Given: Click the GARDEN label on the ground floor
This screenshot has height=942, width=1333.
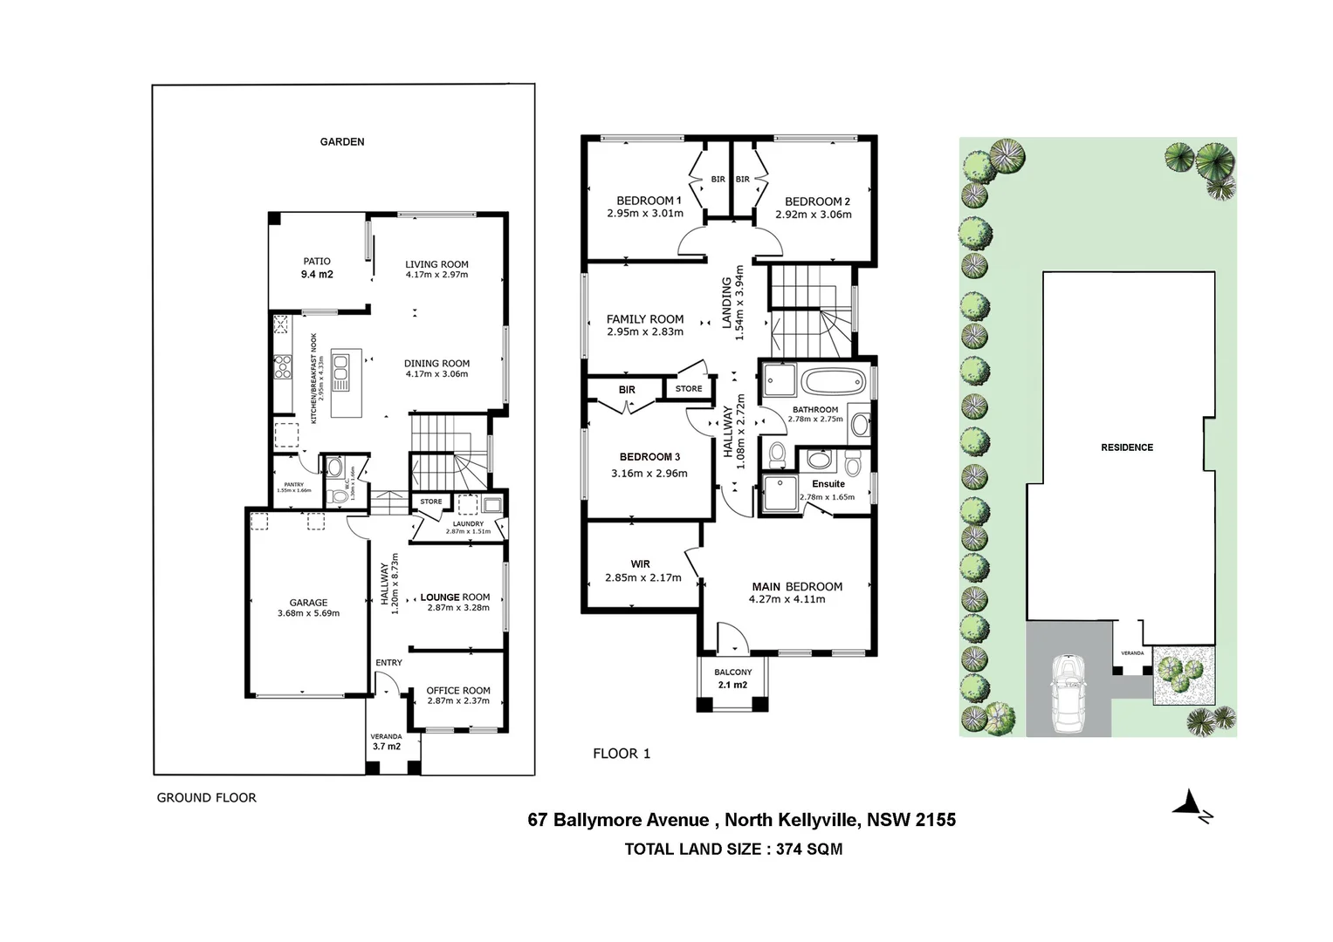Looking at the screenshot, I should pyautogui.click(x=342, y=141).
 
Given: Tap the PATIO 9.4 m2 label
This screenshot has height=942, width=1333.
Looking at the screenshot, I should pyautogui.click(x=317, y=268).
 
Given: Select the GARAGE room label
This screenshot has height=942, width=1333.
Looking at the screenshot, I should pyautogui.click(x=308, y=602).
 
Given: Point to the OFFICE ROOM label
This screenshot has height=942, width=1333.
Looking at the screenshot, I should pyautogui.click(x=458, y=690).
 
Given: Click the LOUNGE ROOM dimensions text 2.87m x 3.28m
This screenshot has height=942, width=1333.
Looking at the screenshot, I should pyautogui.click(x=458, y=608).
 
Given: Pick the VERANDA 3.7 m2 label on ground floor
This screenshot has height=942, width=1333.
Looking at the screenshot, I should pyautogui.click(x=386, y=741).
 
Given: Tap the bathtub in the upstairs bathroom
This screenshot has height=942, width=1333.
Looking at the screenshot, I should pyautogui.click(x=833, y=381).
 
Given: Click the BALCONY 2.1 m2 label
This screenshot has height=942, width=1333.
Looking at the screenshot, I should pyautogui.click(x=733, y=678).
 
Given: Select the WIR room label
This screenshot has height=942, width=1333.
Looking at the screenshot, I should pyautogui.click(x=641, y=564).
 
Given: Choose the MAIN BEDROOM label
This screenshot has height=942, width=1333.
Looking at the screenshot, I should pyautogui.click(x=797, y=587).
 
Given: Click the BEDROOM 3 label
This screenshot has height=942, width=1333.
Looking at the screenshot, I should pyautogui.click(x=649, y=457).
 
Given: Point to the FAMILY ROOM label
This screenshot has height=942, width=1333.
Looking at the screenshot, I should pyautogui.click(x=645, y=319).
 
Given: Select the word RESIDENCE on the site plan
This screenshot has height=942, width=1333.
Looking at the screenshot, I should pyautogui.click(x=1127, y=447).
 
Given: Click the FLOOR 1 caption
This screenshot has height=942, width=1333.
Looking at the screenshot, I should pyautogui.click(x=622, y=754).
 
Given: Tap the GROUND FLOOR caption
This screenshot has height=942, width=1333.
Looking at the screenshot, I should pyautogui.click(x=207, y=797).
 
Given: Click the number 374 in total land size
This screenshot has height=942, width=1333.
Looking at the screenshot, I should pyautogui.click(x=790, y=849).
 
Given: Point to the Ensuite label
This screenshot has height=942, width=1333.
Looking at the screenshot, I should pyautogui.click(x=828, y=484).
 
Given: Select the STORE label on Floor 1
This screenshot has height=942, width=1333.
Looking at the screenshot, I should pyautogui.click(x=689, y=389).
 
